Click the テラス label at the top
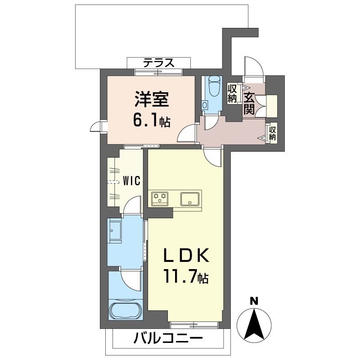click(x=159, y=63)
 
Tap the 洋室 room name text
click(x=152, y=99)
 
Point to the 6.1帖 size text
click(x=152, y=121)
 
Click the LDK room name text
click(x=185, y=256)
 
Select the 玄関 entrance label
click(x=249, y=103)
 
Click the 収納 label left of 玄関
click(x=232, y=94)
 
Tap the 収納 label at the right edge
click(x=273, y=134)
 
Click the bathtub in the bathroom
click(x=126, y=311)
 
